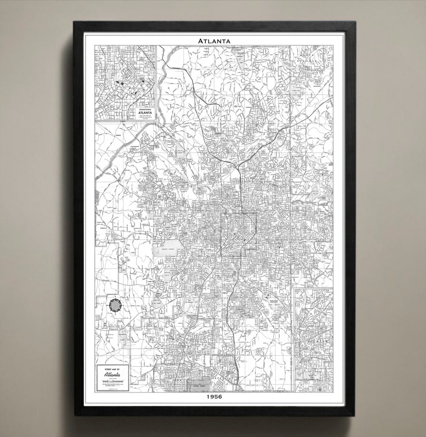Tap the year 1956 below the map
pos(213,396)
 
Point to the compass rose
pos(116,306)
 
